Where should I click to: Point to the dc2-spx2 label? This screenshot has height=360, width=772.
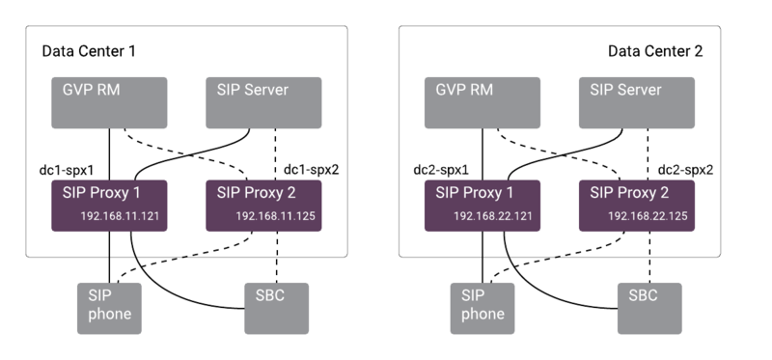pos(687,168)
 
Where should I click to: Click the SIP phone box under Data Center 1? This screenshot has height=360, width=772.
pos(109,308)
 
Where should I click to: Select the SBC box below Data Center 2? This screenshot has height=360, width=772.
pos(649,307)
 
